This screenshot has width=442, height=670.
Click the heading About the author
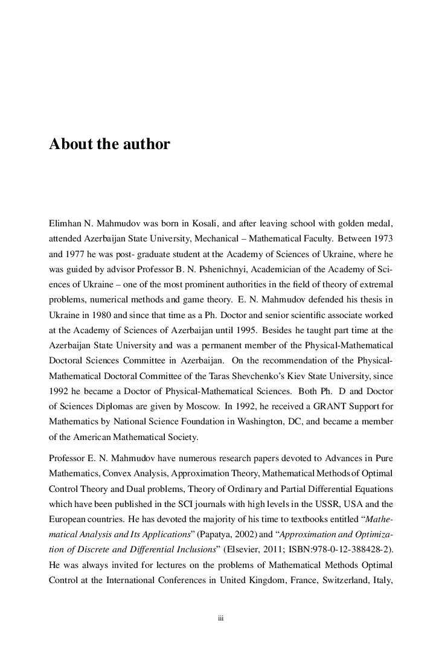(109, 145)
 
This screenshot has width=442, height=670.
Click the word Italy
(381, 581)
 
